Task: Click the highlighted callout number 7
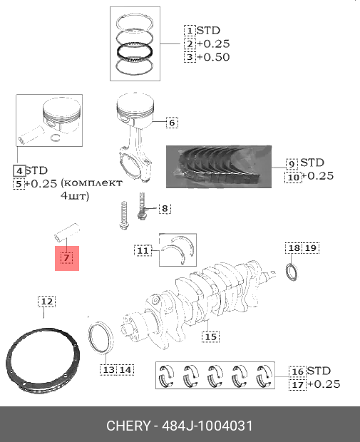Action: click(x=66, y=258)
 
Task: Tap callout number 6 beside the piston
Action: click(x=172, y=123)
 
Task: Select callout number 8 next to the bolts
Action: click(x=165, y=209)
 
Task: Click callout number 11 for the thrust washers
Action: click(x=143, y=251)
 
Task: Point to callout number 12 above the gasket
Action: click(x=47, y=302)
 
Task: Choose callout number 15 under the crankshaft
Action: click(x=210, y=337)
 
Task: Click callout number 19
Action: click(x=311, y=248)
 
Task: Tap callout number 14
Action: click(x=125, y=370)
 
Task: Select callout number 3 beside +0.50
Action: click(x=190, y=57)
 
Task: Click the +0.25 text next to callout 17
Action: click(x=324, y=384)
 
